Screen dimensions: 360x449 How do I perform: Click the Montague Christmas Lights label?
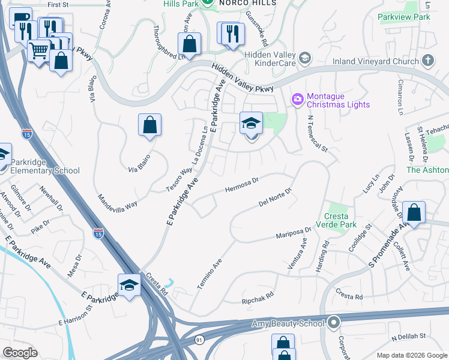[x=338, y=100]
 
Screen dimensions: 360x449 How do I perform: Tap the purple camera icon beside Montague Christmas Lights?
[x=297, y=99]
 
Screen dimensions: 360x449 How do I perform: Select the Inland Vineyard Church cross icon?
[x=428, y=60]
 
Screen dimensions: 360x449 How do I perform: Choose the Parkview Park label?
[x=404, y=17]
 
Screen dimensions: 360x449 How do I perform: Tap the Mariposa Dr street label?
[x=294, y=233]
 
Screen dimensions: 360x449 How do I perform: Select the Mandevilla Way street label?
[x=117, y=200]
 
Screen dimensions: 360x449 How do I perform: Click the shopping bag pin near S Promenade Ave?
[x=414, y=212]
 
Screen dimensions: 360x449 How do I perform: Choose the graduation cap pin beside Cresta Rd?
[x=129, y=286]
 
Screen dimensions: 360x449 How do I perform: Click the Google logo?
[x=20, y=353]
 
